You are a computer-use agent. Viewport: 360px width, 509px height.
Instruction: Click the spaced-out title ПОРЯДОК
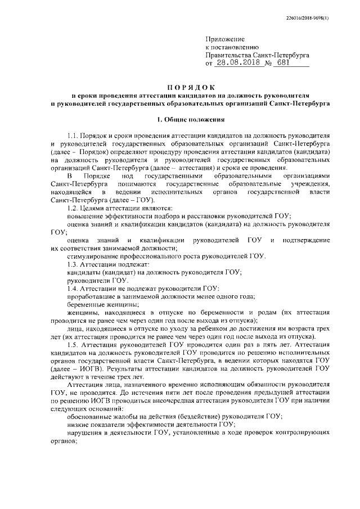click(x=190, y=87)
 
